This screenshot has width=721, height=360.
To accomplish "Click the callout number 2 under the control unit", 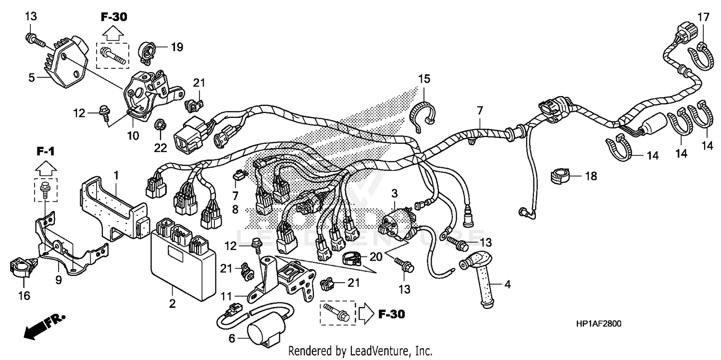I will point(172,304).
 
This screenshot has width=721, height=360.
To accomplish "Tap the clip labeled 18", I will point(559,176).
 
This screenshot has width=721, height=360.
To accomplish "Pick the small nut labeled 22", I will point(160,126).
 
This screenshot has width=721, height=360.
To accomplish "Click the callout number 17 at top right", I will point(703,17).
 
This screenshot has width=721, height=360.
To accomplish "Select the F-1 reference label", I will point(46,152).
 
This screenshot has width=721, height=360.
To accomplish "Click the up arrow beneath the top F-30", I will point(113,33).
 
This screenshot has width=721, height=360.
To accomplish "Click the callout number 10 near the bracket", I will point(133,136).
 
